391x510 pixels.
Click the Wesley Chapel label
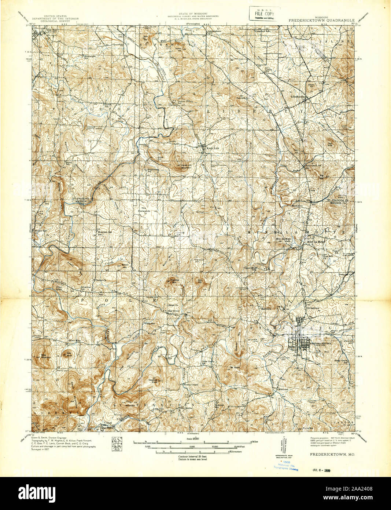202,385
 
